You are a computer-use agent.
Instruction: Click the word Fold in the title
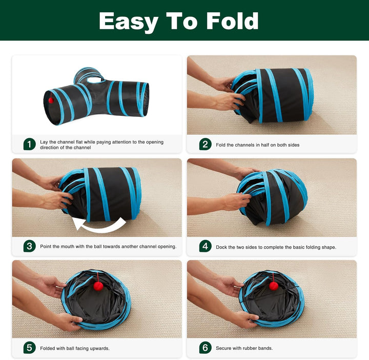pyautogui.click(x=232, y=21)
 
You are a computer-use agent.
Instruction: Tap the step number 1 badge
pyautogui.click(x=29, y=144)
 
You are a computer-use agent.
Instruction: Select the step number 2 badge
pyautogui.click(x=205, y=144)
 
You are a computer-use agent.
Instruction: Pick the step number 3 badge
pyautogui.click(x=29, y=246)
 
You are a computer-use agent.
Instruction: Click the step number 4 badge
pyautogui.click(x=205, y=246)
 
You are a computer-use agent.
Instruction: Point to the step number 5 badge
pyautogui.click(x=29, y=348)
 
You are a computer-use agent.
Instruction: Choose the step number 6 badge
pyautogui.click(x=205, y=348)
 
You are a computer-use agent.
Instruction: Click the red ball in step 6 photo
pyautogui.click(x=274, y=285)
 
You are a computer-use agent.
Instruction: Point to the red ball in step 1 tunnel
pyautogui.click(x=51, y=100)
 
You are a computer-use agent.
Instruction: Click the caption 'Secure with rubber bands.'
pyautogui.click(x=244, y=348)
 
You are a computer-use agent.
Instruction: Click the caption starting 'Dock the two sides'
pyautogui.click(x=276, y=247)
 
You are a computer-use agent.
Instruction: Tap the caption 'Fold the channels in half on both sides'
pyautogui.click(x=257, y=145)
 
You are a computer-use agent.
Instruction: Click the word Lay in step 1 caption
pyautogui.click(x=44, y=142)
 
